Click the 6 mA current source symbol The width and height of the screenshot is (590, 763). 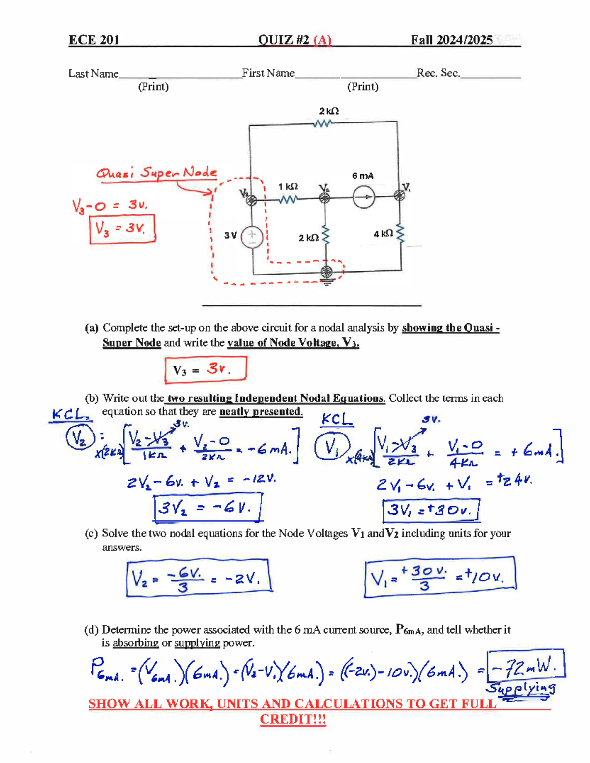pos(364,198)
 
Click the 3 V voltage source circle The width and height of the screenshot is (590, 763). pos(252,236)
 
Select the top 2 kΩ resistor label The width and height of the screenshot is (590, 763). pos(328,111)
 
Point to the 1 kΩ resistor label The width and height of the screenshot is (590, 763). pos(288,187)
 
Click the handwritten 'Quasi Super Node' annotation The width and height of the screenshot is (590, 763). pos(156,173)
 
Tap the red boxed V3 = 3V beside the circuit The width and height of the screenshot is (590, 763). pos(122,229)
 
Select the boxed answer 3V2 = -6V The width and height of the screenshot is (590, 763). pos(207,508)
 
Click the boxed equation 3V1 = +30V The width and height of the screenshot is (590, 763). pos(431,510)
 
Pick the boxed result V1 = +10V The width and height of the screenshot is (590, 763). pos(440,578)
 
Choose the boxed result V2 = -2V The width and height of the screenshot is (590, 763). pos(199,578)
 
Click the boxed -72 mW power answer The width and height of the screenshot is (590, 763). pos(526,667)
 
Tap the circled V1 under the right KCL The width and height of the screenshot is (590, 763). pos(331,447)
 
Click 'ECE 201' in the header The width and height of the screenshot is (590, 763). pos(93,40)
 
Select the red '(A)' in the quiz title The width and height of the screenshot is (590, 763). pos(322,40)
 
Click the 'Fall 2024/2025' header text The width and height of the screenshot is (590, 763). pos(451,40)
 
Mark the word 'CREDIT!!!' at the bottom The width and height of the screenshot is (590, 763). pos(293,719)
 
